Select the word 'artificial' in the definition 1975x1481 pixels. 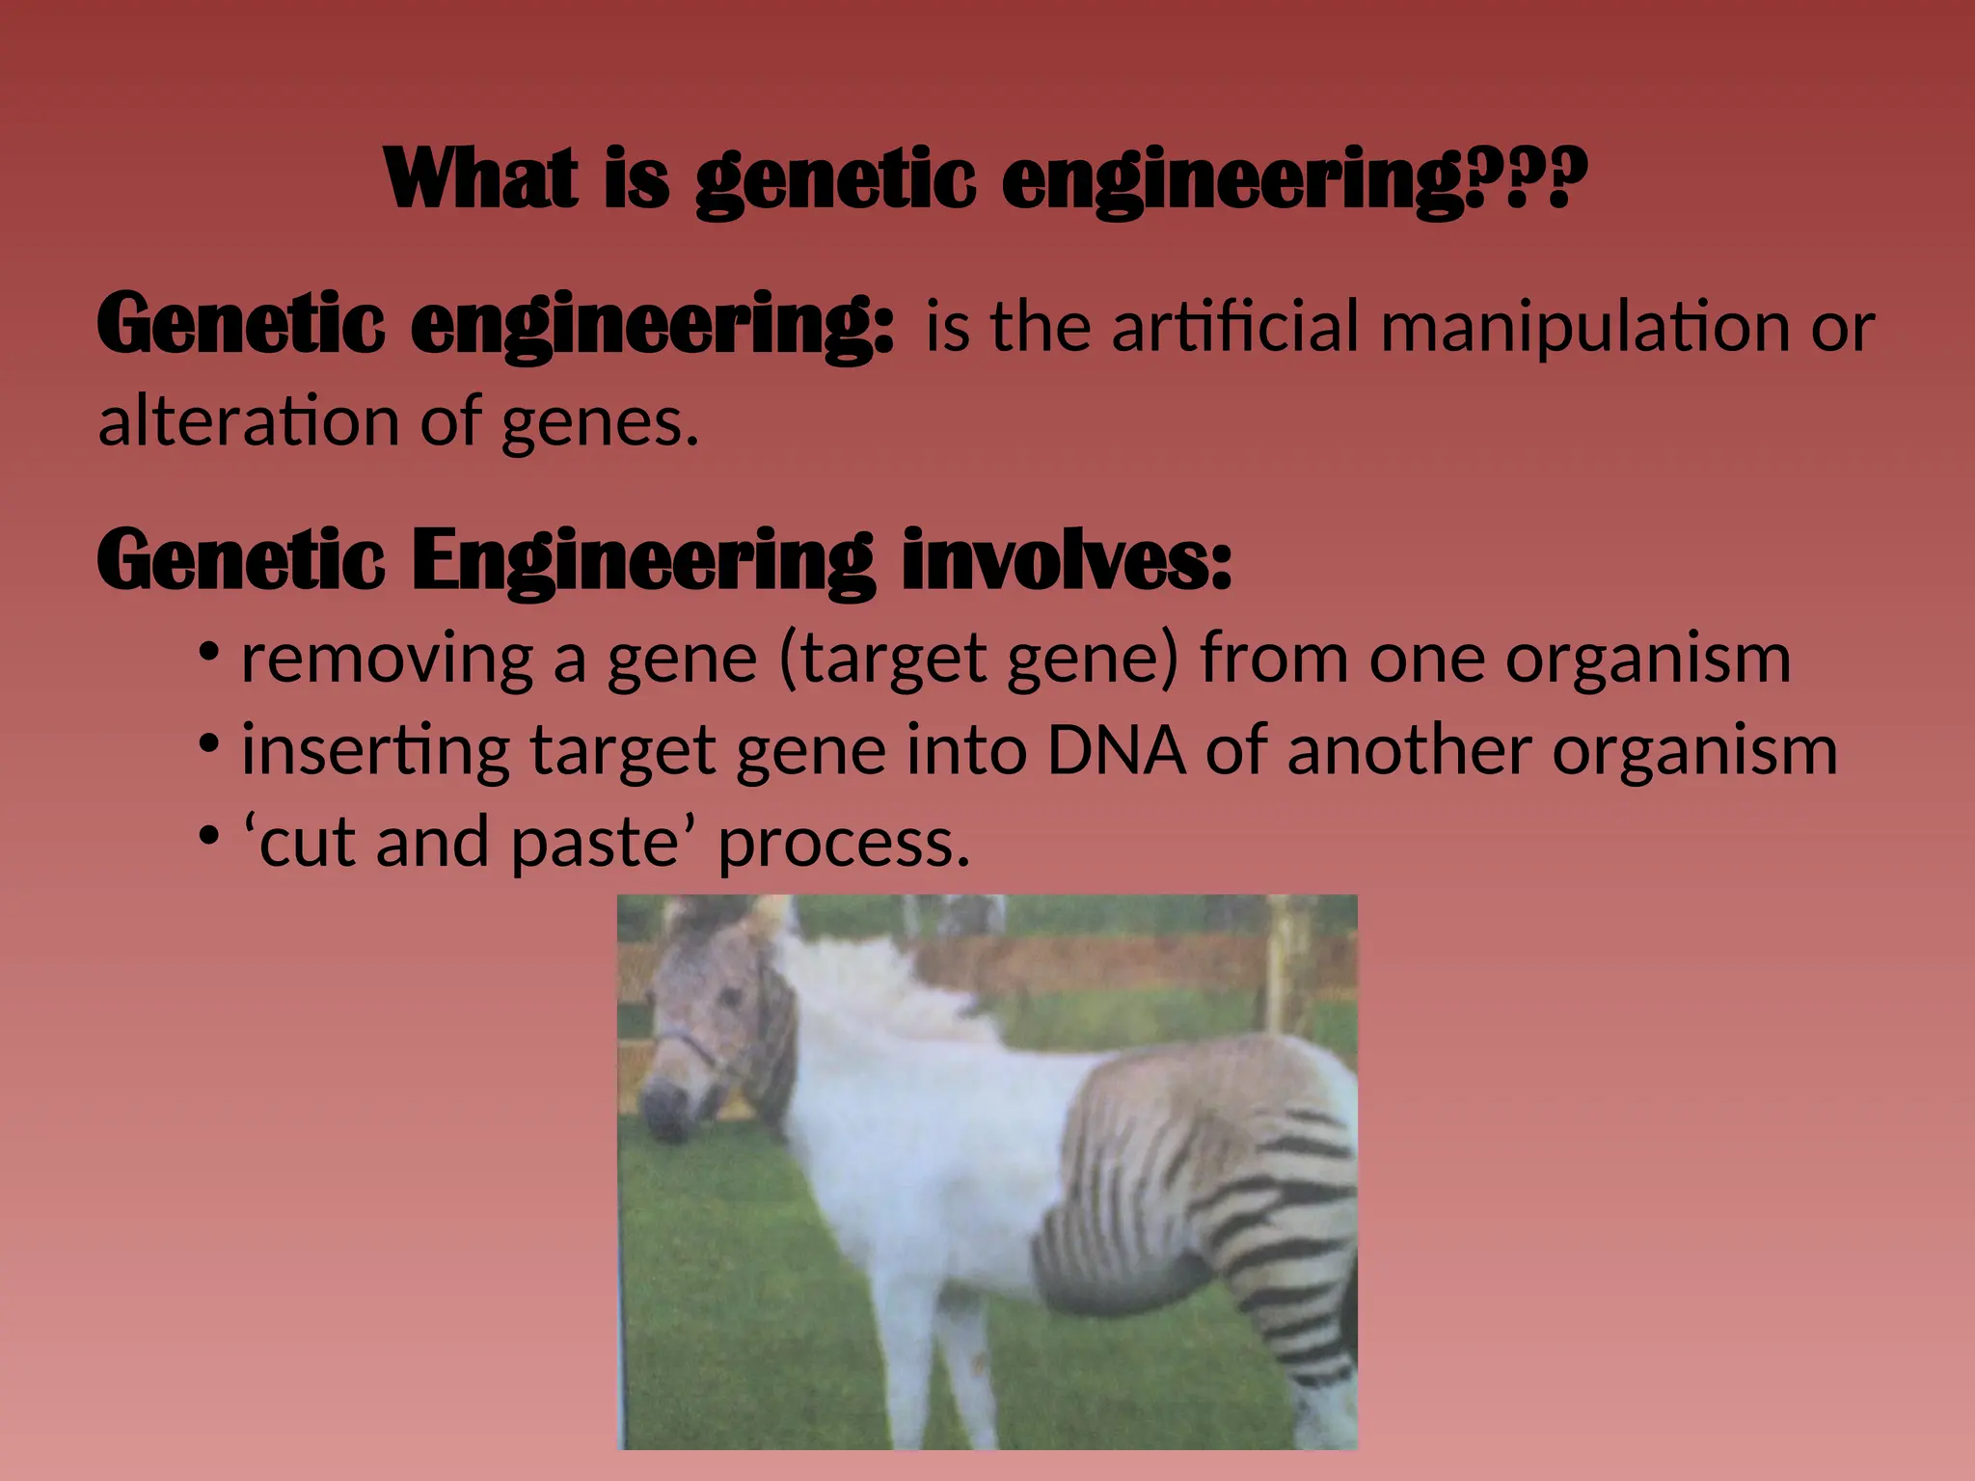pos(1234,326)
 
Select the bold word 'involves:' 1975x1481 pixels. pos(1067,561)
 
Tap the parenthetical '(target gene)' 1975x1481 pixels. pos(978,661)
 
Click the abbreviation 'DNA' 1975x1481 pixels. pos(1117,750)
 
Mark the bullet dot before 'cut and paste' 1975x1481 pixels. pos(208,835)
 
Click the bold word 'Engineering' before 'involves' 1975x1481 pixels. pos(642,561)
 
